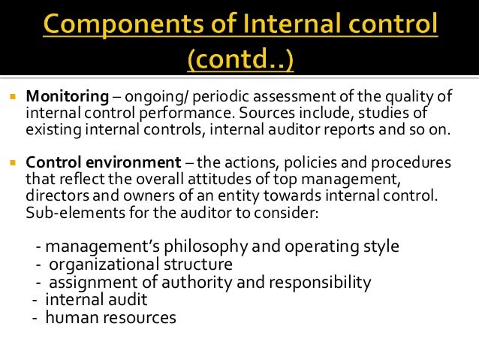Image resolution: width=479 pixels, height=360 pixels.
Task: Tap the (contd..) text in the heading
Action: point(239,58)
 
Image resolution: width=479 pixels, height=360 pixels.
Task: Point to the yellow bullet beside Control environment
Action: point(13,163)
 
